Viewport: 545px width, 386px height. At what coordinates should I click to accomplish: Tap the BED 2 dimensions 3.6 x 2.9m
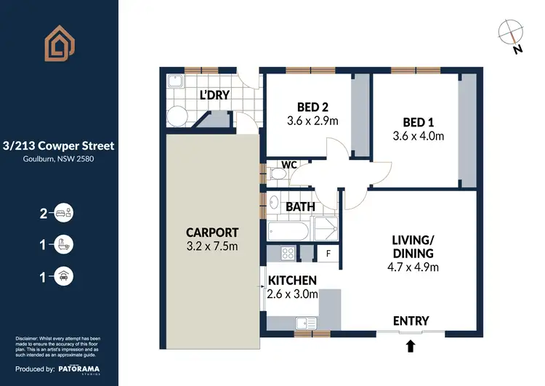tap(312, 121)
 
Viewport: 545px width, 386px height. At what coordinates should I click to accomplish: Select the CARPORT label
tap(212, 233)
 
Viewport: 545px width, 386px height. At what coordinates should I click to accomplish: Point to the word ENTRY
tap(411, 321)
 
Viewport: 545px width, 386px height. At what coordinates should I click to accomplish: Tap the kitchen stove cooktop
tap(286, 254)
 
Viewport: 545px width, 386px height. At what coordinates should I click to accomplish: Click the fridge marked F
tap(328, 254)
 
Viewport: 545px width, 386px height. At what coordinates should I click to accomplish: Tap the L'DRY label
tap(215, 95)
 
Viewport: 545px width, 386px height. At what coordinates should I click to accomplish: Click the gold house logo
tap(60, 46)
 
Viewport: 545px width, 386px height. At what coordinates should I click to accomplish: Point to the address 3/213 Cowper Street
tap(58, 145)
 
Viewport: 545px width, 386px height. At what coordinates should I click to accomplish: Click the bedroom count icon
tap(63, 213)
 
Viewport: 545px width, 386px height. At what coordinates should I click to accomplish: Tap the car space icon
tap(63, 276)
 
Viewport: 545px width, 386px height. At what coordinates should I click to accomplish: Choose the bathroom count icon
tap(63, 244)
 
